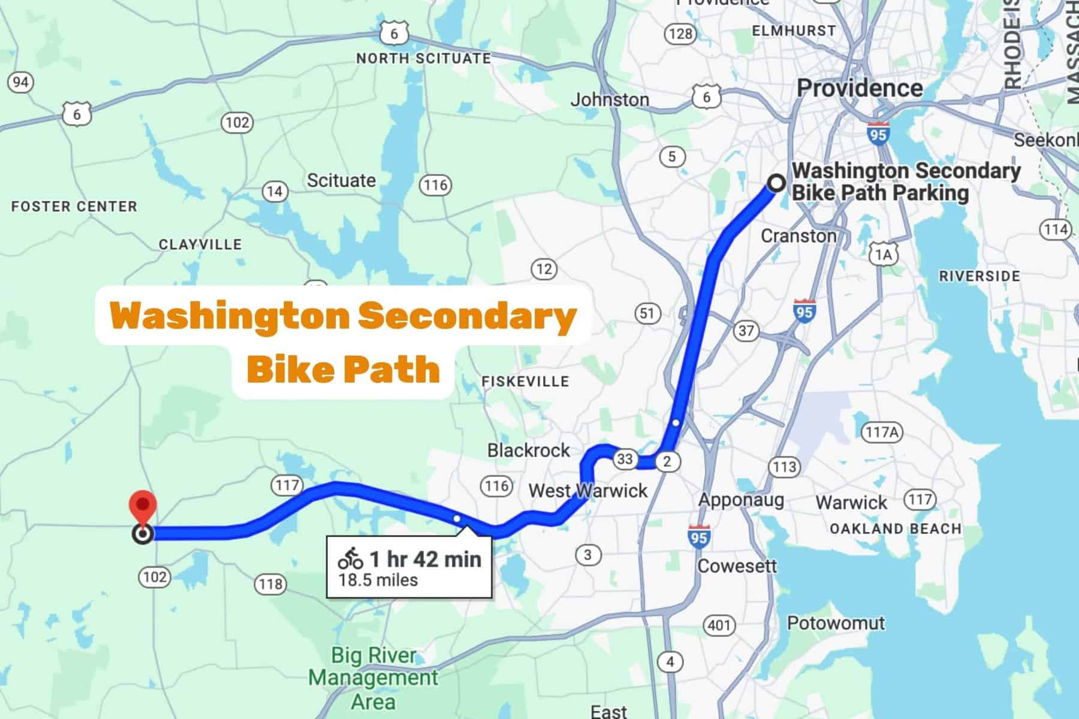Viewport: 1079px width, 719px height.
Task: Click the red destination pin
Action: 143,504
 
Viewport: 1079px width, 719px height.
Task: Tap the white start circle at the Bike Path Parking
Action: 776,183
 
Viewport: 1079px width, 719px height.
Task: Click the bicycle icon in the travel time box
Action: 351,559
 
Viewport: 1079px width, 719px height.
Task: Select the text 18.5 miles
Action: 378,580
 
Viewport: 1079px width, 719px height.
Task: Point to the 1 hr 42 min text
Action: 425,559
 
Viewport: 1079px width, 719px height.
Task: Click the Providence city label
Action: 860,88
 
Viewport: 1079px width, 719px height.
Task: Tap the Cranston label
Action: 798,235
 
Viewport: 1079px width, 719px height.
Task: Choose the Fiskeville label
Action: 525,381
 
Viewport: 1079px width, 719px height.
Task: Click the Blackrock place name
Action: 528,450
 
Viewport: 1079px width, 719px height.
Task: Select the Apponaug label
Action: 741,500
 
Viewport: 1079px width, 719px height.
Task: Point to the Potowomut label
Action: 836,623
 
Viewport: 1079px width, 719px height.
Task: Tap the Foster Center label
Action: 74,207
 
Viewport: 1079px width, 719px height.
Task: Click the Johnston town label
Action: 610,99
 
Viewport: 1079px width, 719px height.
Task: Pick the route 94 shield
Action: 20,82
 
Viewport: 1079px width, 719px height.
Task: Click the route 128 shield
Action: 680,34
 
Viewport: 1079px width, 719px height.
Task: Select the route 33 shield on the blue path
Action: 625,460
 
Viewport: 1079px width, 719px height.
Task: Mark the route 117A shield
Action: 881,431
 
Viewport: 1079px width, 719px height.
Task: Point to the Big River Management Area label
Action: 373,678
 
